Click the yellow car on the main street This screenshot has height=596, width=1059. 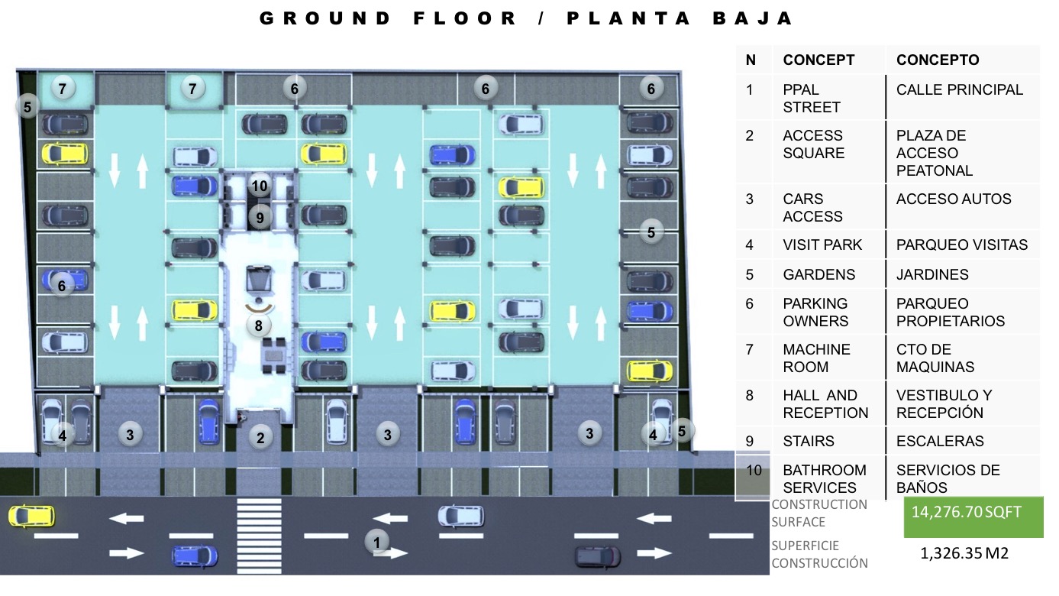(x=31, y=516)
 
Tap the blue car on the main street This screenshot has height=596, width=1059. (x=195, y=556)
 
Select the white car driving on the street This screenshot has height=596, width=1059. (x=461, y=516)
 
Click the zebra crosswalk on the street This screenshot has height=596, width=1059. (x=259, y=536)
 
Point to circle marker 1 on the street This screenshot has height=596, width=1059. (x=376, y=542)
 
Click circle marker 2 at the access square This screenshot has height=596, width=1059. (x=260, y=438)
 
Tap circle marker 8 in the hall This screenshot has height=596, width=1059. (x=258, y=326)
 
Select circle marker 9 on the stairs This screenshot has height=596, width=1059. (x=260, y=218)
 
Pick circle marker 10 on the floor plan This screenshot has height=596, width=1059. (x=260, y=186)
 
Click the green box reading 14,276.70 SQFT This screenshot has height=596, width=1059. (x=973, y=517)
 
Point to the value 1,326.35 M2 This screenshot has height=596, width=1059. (x=964, y=553)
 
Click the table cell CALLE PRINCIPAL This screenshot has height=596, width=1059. (x=959, y=89)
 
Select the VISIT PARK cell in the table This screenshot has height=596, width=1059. (x=822, y=245)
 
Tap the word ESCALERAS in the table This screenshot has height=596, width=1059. (x=940, y=441)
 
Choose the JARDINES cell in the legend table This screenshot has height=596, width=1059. (x=932, y=274)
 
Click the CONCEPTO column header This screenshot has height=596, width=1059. (x=938, y=60)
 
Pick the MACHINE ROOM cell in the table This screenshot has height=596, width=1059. (x=816, y=358)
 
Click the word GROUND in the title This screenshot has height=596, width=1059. (x=325, y=18)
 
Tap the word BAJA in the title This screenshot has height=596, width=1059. (x=753, y=18)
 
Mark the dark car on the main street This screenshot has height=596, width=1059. (x=598, y=557)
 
